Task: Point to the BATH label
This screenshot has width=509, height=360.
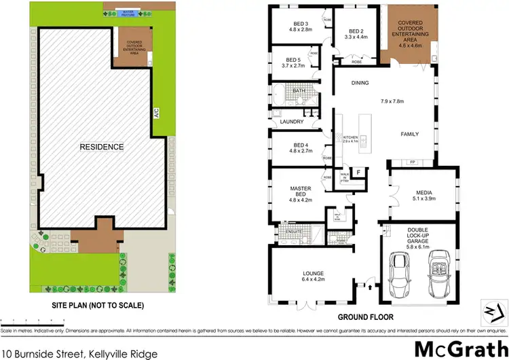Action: (299, 90)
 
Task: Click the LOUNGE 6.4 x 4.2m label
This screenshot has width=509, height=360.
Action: (314, 276)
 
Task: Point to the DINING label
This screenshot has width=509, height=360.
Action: (360, 83)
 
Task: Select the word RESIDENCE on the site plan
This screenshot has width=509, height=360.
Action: (102, 147)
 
